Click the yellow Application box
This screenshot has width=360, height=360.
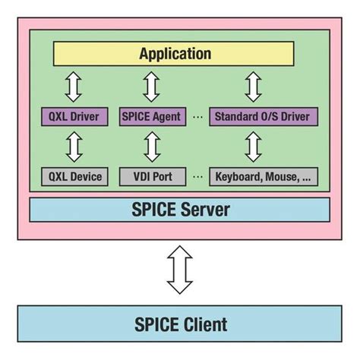[174, 54]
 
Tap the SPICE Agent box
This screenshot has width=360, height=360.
[151, 116]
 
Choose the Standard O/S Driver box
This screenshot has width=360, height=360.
[263, 116]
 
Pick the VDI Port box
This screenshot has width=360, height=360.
[151, 177]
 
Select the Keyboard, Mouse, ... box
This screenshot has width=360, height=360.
[263, 177]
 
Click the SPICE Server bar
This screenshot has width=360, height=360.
[179, 209]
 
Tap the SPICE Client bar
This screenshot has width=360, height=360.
[179, 325]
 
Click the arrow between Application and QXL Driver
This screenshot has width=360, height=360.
[73, 86]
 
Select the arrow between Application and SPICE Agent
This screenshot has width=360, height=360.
[152, 86]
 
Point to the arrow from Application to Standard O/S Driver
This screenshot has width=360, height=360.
[254, 86]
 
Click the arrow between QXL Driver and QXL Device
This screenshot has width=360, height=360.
[73, 147]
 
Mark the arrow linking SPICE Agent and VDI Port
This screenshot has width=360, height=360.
[152, 147]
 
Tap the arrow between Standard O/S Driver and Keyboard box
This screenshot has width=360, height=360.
[254, 147]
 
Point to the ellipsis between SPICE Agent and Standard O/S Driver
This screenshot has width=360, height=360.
[197, 117]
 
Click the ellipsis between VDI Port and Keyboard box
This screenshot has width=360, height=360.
[197, 178]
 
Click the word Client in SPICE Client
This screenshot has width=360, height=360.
[204, 325]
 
